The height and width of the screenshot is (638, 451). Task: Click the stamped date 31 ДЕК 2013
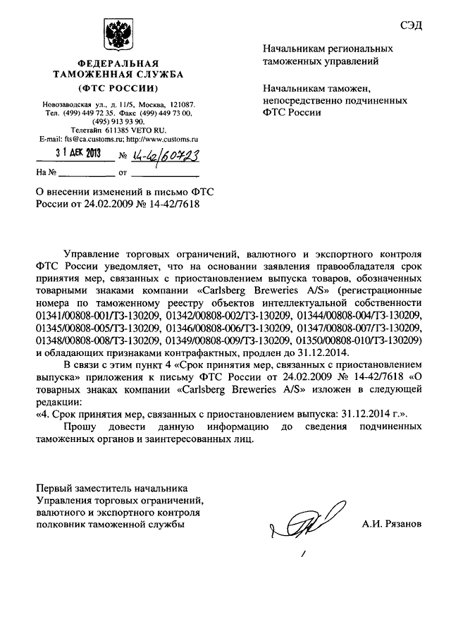click(x=79, y=154)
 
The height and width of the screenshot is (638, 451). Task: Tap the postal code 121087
click(x=178, y=104)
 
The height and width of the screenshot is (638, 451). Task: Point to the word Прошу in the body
click(x=81, y=427)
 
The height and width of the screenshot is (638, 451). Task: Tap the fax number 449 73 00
click(x=172, y=113)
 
